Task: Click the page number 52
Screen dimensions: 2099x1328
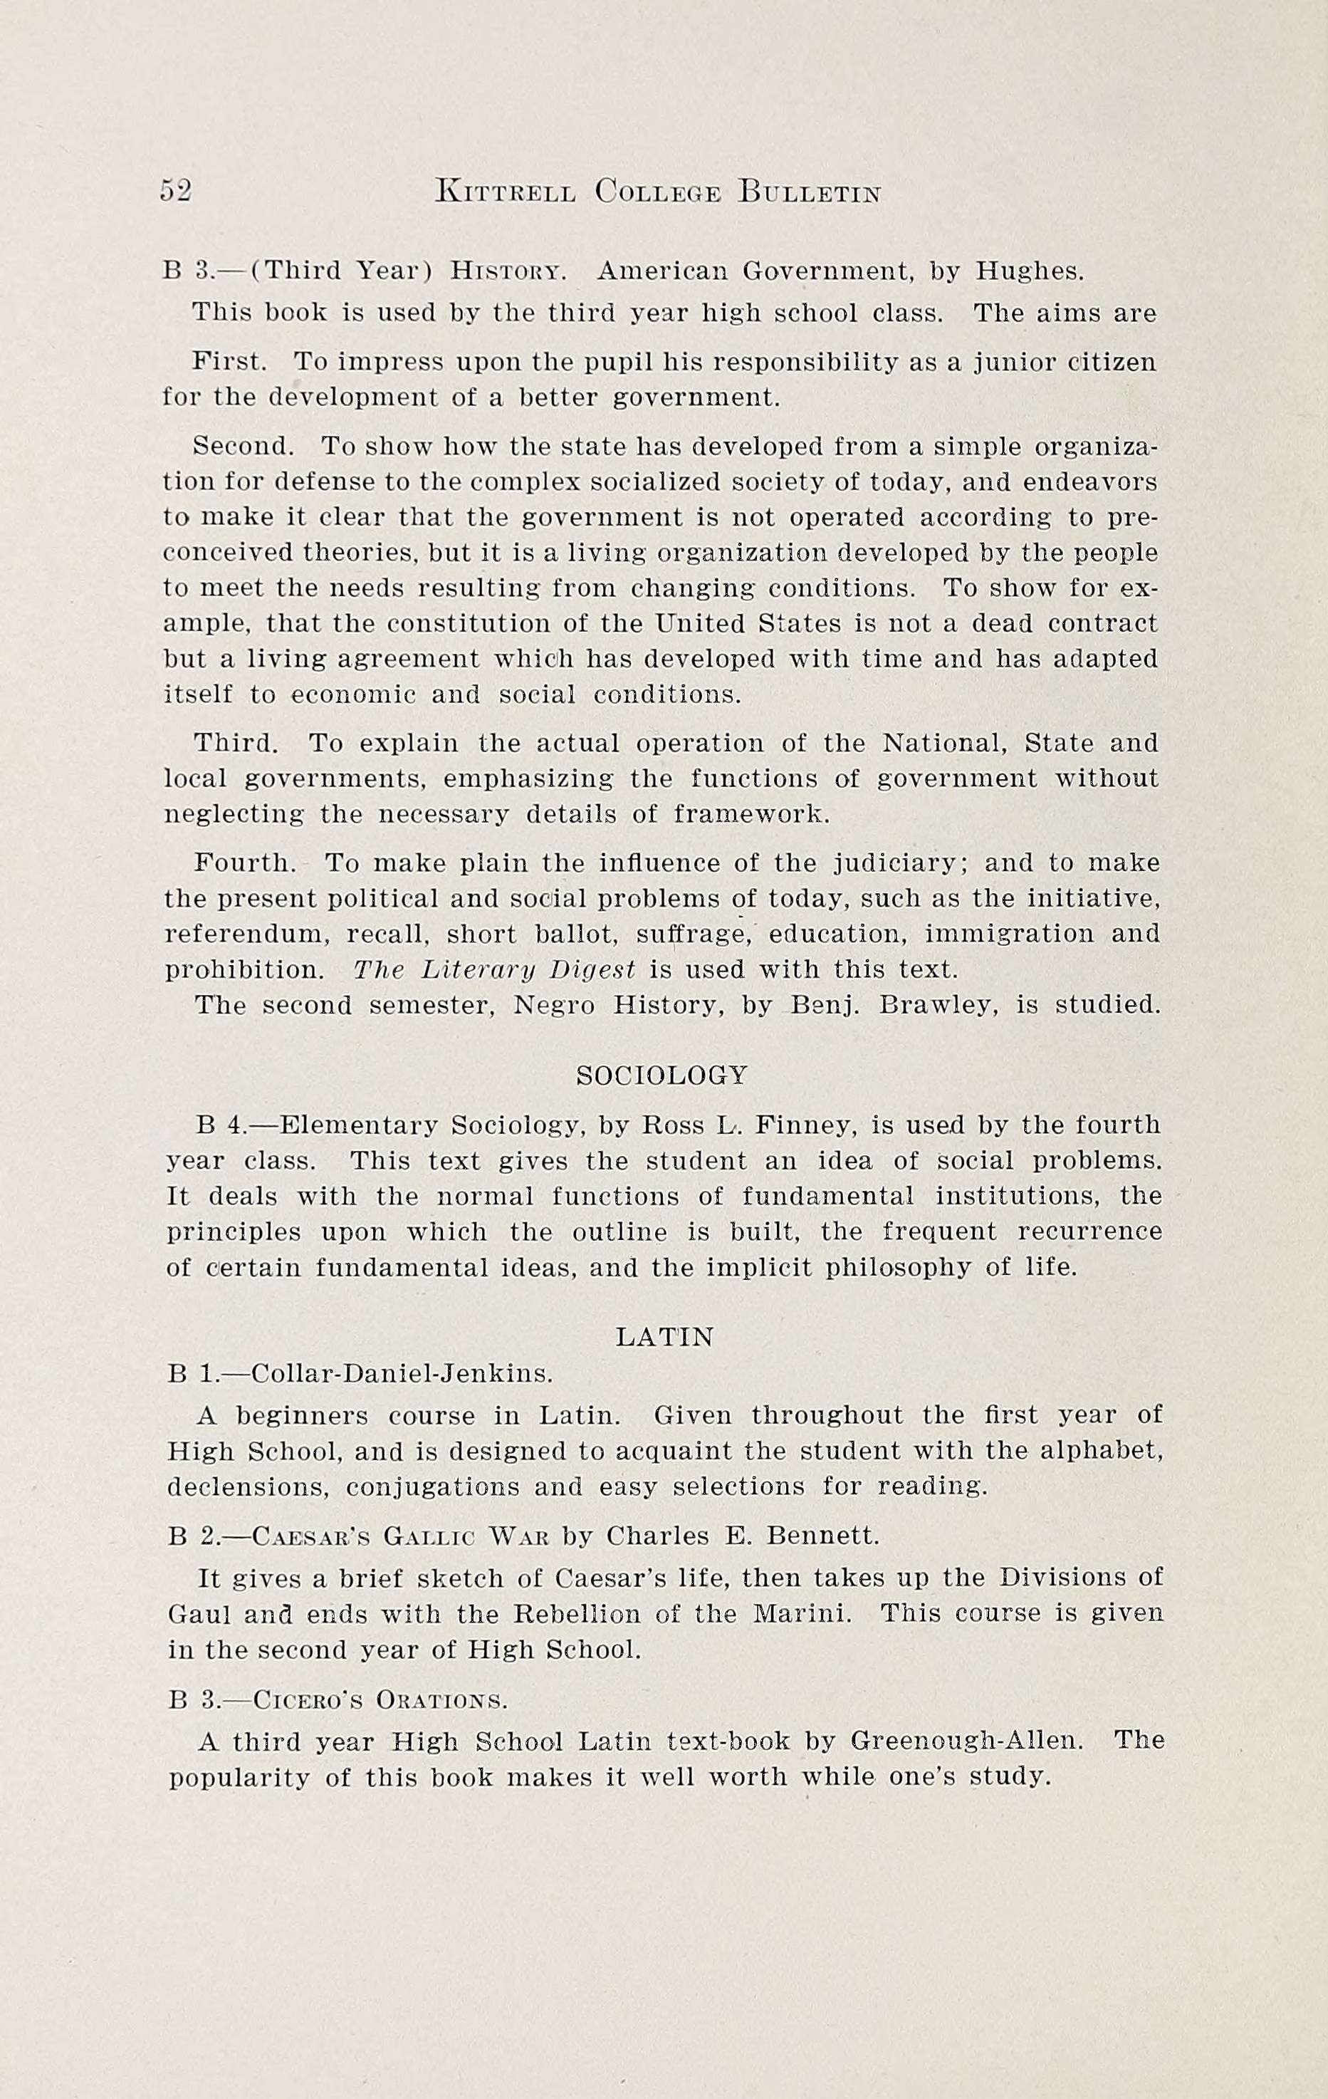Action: [175, 190]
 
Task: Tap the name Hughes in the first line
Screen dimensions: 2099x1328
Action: [1029, 272]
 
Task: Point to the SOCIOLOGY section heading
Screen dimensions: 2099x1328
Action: [662, 1075]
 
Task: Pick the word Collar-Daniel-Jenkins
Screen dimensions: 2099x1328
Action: [401, 1374]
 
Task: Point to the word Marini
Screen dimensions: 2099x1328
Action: [802, 1613]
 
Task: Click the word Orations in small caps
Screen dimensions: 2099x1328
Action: [441, 1699]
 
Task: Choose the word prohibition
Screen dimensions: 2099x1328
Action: [244, 970]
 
